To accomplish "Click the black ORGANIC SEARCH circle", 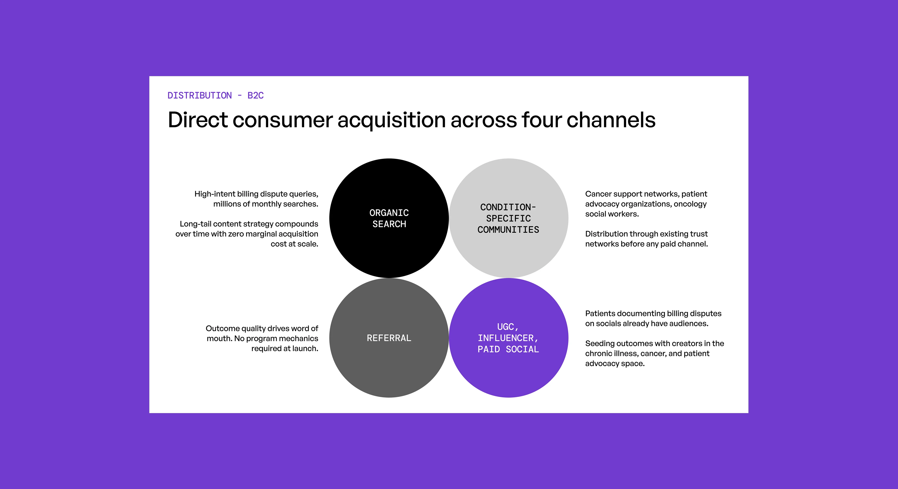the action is point(389,218).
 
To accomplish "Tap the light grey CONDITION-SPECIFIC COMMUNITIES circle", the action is point(509,218).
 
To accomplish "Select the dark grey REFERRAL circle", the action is point(389,338).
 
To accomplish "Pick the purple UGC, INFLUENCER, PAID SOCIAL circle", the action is point(509,338).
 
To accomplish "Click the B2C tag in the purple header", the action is point(255,95).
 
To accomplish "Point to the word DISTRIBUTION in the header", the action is point(199,95).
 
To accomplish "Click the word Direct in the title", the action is point(198,120).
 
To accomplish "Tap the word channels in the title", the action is point(611,120).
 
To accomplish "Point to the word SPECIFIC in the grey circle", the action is point(509,219).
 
